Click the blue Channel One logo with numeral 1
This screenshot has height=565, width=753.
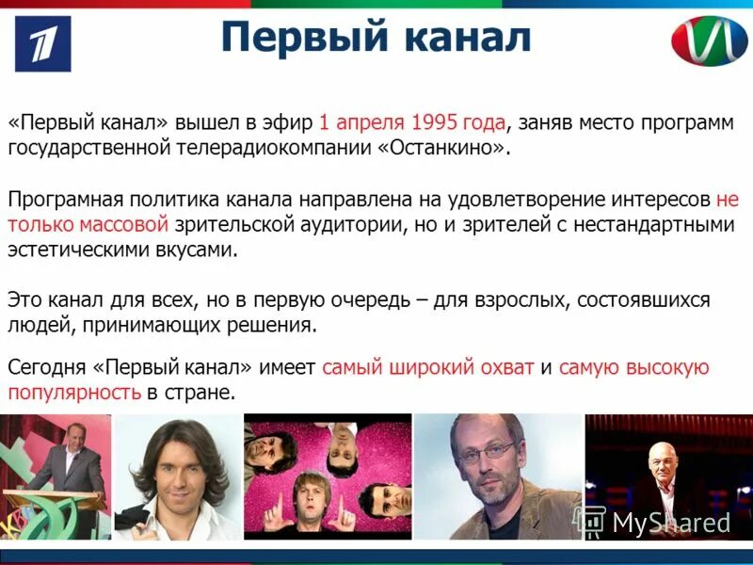(42, 43)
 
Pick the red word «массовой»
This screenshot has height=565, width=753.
(123, 224)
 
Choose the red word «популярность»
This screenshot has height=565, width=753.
(73, 393)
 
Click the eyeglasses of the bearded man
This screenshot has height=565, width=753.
(488, 449)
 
